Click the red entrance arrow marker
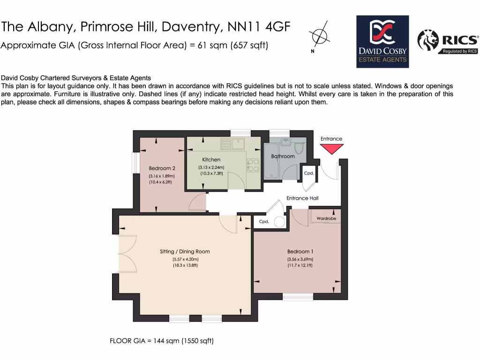pyautogui.click(x=331, y=149)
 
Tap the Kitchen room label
pyautogui.click(x=211, y=160)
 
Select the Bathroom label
pyautogui.click(x=283, y=156)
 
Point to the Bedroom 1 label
pyautogui.click(x=300, y=252)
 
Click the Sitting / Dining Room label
pyautogui.click(x=185, y=252)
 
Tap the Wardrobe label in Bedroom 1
pyautogui.click(x=326, y=218)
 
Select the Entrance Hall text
pyautogui.click(x=302, y=198)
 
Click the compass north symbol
pyautogui.click(x=318, y=36)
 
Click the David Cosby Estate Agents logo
pyautogui.click(x=382, y=42)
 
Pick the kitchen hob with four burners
pyautogui.click(x=253, y=165)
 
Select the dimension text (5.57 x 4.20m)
pyautogui.click(x=185, y=259)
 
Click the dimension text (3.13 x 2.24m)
pyautogui.click(x=211, y=167)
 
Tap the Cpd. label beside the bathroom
pyautogui.click(x=308, y=173)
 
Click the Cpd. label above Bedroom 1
pyautogui.click(x=264, y=222)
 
